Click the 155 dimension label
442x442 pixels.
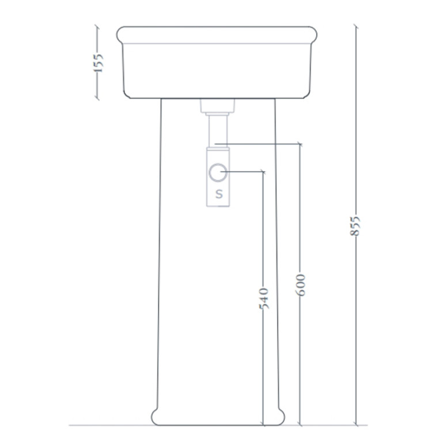pos(99,63)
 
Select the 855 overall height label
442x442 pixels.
pos(355,226)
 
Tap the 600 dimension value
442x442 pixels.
pos(300,285)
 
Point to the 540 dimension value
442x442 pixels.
pos(263,299)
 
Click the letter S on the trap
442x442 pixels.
pos(219,194)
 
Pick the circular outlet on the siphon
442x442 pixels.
pos(218,172)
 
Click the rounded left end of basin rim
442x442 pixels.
pos(120,35)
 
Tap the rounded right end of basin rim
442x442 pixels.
pos(313,35)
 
